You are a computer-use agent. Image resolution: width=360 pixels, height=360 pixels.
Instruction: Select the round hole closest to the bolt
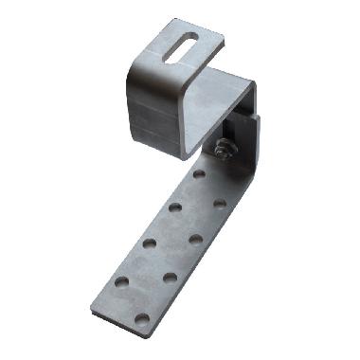[x=198, y=173]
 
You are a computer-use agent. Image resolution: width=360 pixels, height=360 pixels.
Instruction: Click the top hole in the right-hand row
[x=220, y=203]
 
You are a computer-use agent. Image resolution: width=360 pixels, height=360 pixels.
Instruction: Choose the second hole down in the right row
[x=195, y=239]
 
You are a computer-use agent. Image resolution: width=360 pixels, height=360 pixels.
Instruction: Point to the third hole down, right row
[x=170, y=278]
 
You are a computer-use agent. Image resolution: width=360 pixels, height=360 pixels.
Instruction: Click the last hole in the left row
[x=121, y=282]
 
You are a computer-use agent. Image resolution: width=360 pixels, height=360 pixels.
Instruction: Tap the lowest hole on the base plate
[x=141, y=317]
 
